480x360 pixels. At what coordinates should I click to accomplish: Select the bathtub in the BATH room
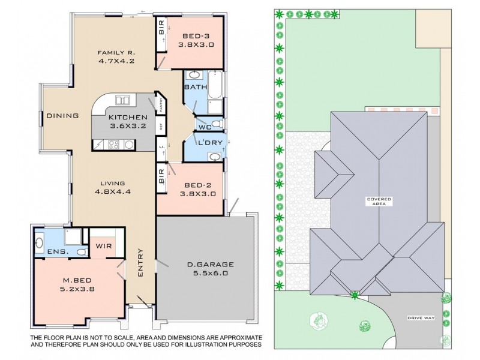click(x=217, y=86)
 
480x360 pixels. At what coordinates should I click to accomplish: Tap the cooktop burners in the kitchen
click(x=112, y=144)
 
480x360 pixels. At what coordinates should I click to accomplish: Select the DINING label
click(x=63, y=116)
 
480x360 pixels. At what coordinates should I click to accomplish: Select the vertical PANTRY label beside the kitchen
click(x=161, y=106)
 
